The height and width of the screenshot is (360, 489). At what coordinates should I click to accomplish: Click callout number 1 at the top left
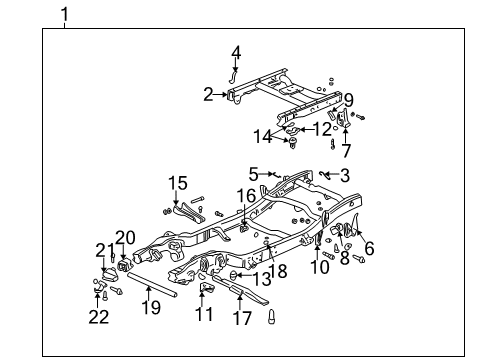click(x=65, y=14)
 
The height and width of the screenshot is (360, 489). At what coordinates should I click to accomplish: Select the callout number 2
click(x=207, y=95)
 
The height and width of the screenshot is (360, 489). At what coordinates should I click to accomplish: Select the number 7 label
click(x=346, y=151)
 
